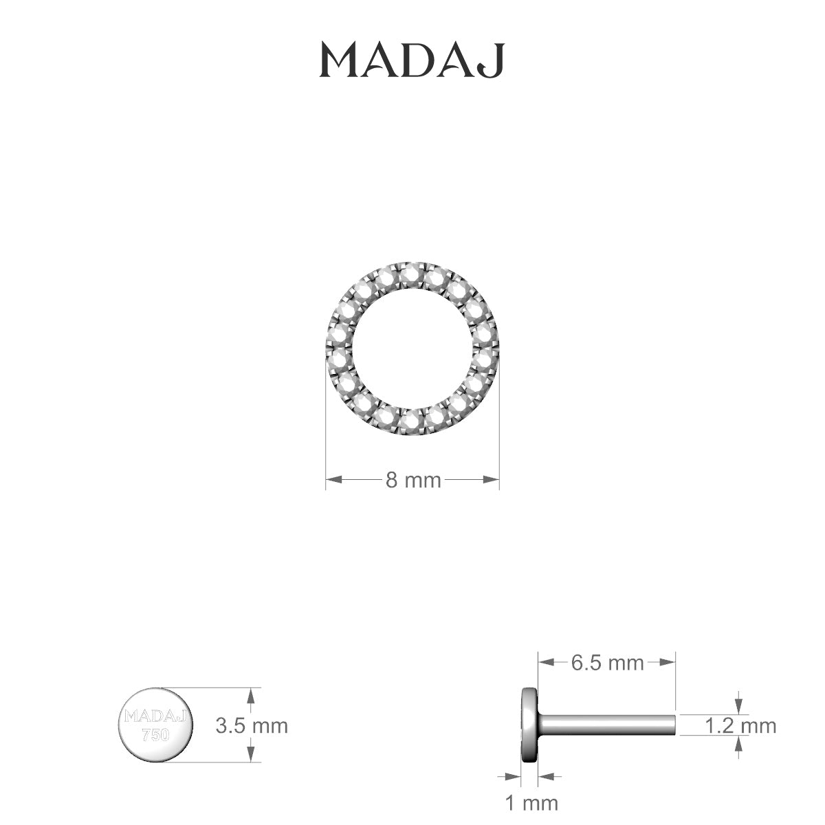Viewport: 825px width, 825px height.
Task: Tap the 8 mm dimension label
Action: [x=412, y=480]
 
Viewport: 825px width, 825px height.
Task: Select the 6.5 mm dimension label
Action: [x=607, y=663]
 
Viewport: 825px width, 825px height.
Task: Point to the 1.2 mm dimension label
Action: [x=740, y=725]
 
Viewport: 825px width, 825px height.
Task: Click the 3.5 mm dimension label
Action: [x=251, y=725]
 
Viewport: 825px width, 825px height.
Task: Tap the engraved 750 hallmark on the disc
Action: [x=155, y=735]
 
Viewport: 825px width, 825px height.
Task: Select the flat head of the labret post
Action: [x=529, y=725]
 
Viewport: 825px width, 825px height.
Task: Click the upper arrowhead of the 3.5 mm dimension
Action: [x=251, y=696]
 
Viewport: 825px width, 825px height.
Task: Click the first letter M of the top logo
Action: [x=339, y=61]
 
